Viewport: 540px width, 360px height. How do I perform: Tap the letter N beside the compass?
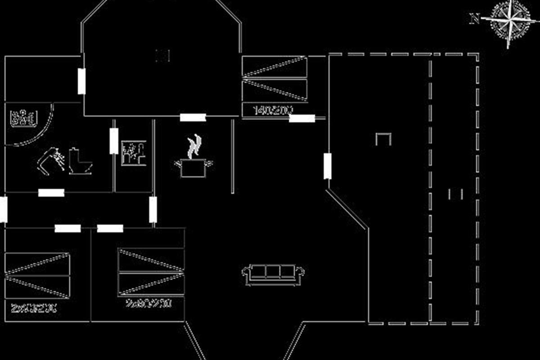(x=474, y=19)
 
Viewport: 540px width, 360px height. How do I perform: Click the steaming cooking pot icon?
(x=193, y=167)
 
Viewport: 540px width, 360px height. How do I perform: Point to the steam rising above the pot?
(x=194, y=146)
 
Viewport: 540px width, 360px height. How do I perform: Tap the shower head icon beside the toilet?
(x=51, y=159)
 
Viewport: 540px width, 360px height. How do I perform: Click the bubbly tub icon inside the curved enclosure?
(x=23, y=118)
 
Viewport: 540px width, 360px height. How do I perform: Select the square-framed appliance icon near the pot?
(x=133, y=153)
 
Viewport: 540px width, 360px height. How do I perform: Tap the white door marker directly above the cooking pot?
(x=193, y=117)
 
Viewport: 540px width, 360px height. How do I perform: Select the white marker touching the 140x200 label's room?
(x=301, y=118)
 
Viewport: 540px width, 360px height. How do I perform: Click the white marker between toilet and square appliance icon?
(x=114, y=141)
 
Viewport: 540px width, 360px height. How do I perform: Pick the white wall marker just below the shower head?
(x=51, y=193)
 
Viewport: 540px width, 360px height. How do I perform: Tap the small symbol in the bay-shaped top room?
(x=162, y=56)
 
